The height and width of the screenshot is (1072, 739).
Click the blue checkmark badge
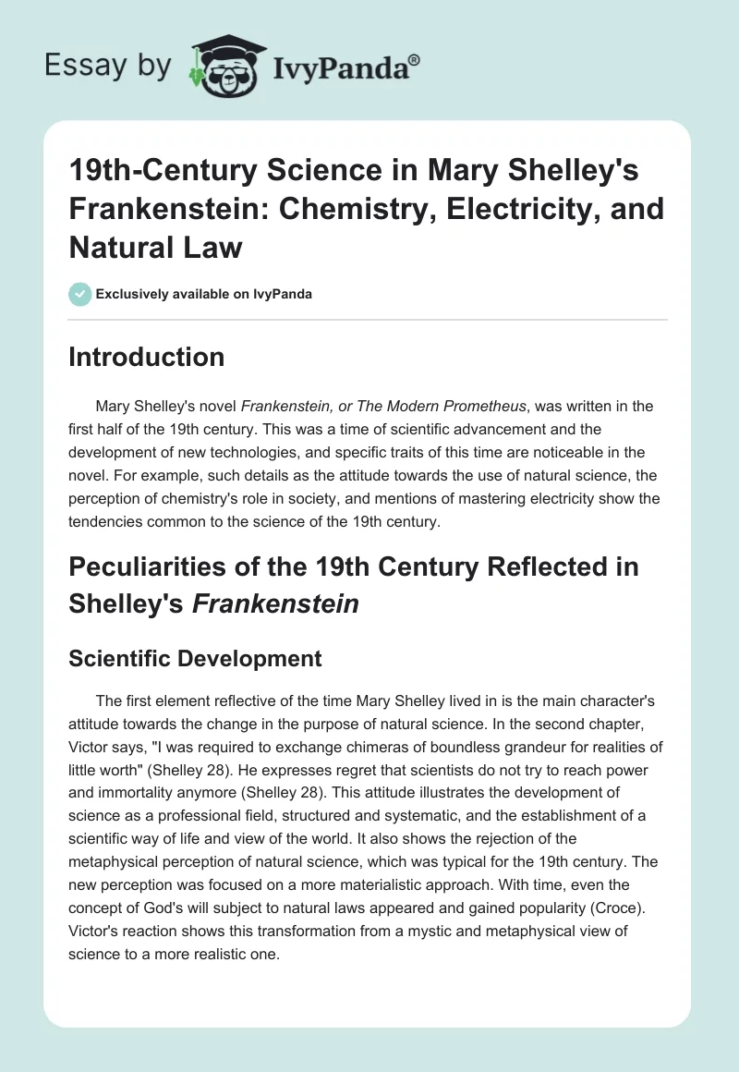click(79, 294)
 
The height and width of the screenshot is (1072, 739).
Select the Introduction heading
click(146, 358)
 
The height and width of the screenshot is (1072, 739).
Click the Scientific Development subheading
click(195, 658)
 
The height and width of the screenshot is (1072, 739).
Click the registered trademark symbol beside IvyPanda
click(415, 58)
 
